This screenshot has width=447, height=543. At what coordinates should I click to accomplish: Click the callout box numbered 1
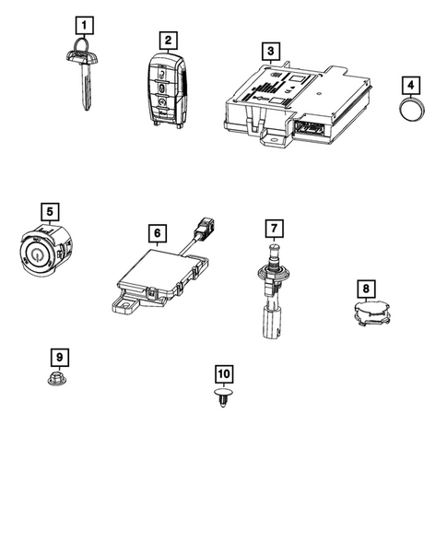tap(84, 25)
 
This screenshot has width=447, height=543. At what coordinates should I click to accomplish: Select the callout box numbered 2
tap(167, 40)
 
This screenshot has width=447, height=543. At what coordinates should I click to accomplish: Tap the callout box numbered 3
tap(268, 50)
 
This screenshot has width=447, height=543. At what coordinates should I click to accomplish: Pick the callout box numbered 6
tap(158, 234)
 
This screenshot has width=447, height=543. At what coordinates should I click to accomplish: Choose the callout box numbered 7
tap(272, 227)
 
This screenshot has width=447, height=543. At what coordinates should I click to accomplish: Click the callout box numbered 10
tap(223, 372)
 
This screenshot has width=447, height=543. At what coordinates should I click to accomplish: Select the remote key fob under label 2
tap(167, 90)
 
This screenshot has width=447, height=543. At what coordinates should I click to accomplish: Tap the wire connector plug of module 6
tap(206, 252)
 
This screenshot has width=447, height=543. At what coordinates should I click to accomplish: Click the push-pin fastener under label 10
tap(223, 402)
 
